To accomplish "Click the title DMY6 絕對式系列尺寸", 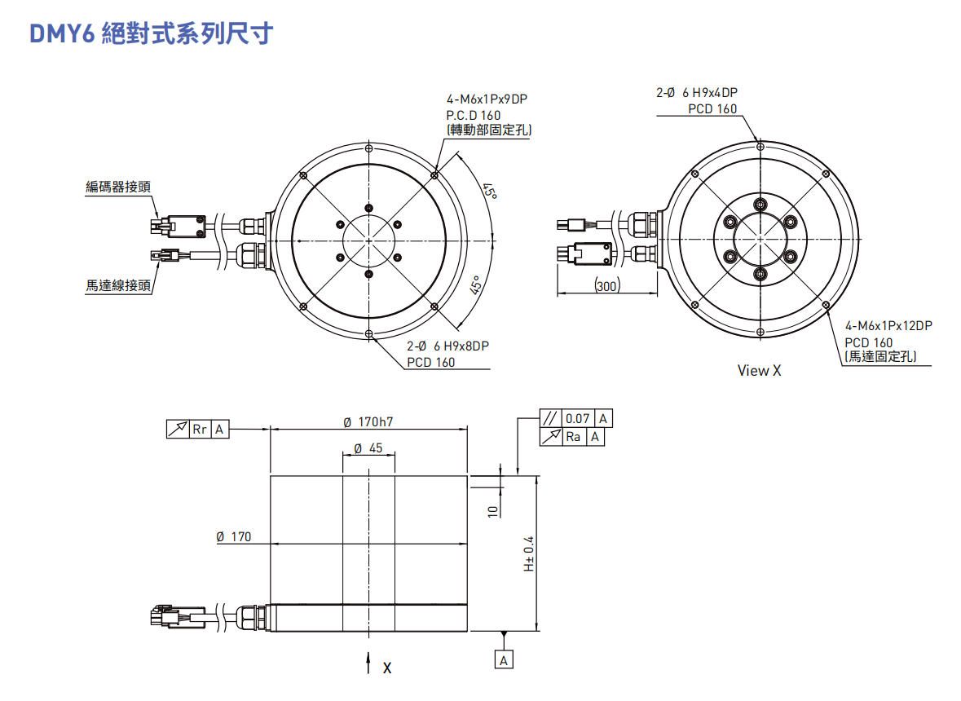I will pos(151,34).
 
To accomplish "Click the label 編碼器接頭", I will pos(118,187).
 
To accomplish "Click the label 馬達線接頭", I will pos(118,285).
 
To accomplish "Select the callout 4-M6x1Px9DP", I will pos(487,99).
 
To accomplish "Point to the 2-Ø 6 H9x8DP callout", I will pos(447,346).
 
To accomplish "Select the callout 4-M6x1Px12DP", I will pos(888,325).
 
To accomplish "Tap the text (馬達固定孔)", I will pos(879,356).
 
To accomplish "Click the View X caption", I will pos(759,371).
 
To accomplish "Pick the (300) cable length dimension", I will pos(606,285).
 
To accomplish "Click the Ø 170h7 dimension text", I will pos(368,422).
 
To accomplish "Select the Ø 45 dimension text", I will pos(368,448).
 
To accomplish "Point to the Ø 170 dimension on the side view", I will pos(234,536).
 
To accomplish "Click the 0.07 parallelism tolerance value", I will pos(577,419).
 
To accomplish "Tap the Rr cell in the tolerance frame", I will pos(201,429).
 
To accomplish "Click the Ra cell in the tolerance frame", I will pos(574,438).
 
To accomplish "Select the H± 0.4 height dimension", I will pos(528,553).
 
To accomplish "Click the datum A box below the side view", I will pos(504,659).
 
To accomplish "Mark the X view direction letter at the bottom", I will pos(387,668).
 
